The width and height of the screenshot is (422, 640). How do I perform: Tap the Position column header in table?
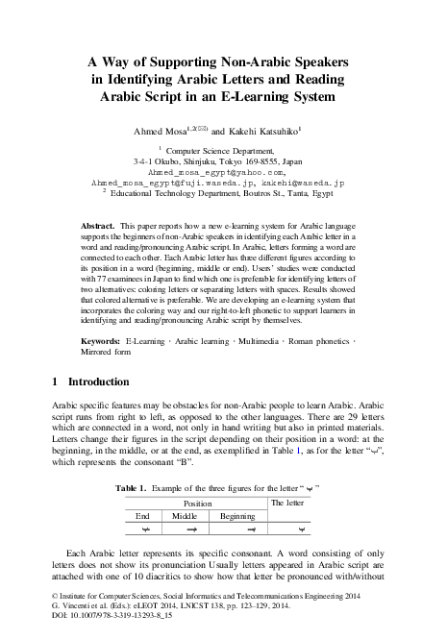click(197, 503)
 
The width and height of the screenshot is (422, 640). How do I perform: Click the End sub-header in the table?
click(142, 516)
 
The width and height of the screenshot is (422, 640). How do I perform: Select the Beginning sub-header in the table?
click(237, 516)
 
